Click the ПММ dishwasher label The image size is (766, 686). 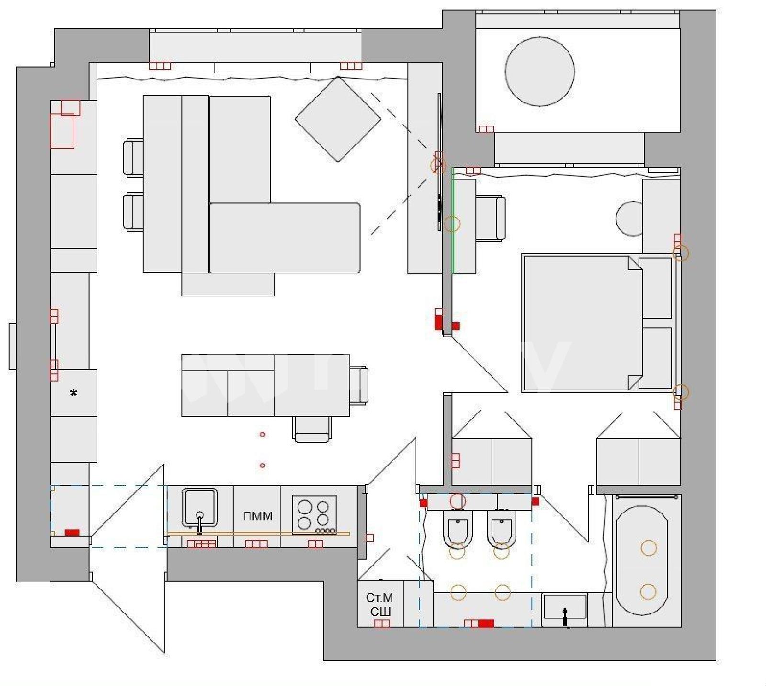pos(258,516)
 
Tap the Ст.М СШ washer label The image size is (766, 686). pos(380,605)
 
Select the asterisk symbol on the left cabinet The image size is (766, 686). pos(73,393)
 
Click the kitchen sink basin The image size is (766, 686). pos(200,506)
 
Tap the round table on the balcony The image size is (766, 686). pos(540,71)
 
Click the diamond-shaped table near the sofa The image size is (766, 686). pos(338,119)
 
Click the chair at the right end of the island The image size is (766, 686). pos(359,385)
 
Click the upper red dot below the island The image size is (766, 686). pos(262,434)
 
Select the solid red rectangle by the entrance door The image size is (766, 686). pos(72,532)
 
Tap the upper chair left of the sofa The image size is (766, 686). pos(133,157)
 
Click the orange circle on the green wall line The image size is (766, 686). pos(452,224)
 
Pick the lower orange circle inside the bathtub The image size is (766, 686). pos(648,592)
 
